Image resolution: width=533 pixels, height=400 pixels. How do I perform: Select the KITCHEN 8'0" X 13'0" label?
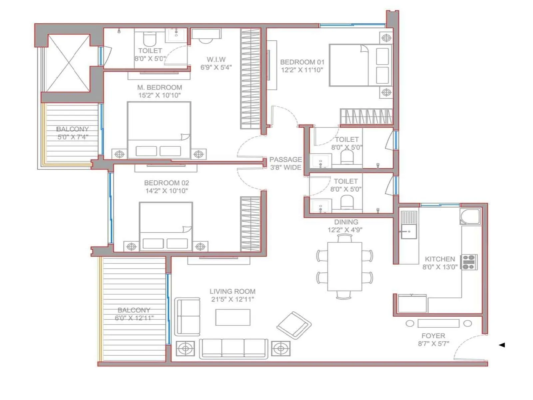(x=440, y=263)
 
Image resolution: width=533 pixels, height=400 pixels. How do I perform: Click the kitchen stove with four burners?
(x=469, y=262)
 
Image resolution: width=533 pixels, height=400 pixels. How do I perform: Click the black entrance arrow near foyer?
(x=502, y=345)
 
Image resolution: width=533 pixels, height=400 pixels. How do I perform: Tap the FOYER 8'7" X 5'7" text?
(x=433, y=340)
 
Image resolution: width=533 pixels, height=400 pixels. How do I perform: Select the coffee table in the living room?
(x=233, y=317)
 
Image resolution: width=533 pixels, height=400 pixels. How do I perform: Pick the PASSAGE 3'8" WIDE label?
(x=285, y=163)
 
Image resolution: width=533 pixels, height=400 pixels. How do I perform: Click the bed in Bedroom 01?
(x=360, y=65)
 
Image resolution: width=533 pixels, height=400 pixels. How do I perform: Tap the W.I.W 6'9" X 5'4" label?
(x=216, y=63)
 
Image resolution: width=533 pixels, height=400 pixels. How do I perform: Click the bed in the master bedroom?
(x=159, y=130)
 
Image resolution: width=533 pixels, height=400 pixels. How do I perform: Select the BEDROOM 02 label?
(x=166, y=183)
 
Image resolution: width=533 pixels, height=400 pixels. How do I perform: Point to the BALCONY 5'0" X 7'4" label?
(x=72, y=133)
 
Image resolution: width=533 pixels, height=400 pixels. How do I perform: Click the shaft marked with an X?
(x=68, y=63)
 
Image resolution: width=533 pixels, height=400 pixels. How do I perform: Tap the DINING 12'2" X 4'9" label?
(x=346, y=226)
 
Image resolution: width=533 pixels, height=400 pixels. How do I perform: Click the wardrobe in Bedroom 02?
(x=250, y=224)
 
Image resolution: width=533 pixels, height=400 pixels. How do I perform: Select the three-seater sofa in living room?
(x=233, y=349)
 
